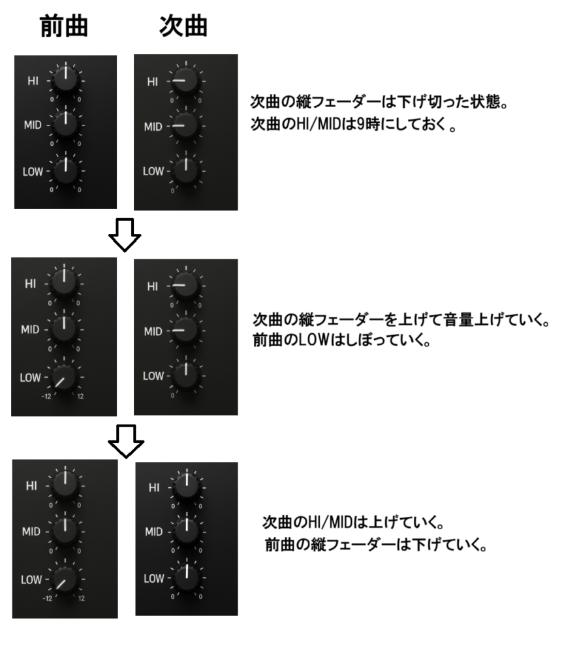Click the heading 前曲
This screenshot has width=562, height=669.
(x=64, y=26)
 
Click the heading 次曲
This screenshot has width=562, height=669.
(x=183, y=26)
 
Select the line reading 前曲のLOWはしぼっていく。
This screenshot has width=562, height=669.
(x=341, y=340)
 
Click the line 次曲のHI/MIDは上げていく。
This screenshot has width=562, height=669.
(x=354, y=522)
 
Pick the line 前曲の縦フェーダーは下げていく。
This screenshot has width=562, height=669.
(x=376, y=544)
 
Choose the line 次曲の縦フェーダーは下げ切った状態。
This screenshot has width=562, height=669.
(x=379, y=101)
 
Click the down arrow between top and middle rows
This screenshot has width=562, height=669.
(x=125, y=235)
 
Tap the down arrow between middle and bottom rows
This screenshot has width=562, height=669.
(x=126, y=441)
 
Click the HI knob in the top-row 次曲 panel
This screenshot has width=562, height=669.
(x=186, y=80)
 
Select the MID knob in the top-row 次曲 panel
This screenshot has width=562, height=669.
(x=186, y=126)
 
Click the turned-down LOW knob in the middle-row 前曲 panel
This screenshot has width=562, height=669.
(x=65, y=377)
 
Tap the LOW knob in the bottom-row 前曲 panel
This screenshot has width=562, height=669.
(x=65, y=579)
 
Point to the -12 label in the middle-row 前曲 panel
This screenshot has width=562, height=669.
(x=46, y=397)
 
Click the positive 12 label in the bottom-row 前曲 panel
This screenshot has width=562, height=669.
(x=81, y=598)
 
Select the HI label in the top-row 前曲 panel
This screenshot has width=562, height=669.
(x=33, y=80)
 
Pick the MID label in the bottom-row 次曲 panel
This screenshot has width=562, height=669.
(x=153, y=532)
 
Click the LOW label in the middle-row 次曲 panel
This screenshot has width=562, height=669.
(x=153, y=376)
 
